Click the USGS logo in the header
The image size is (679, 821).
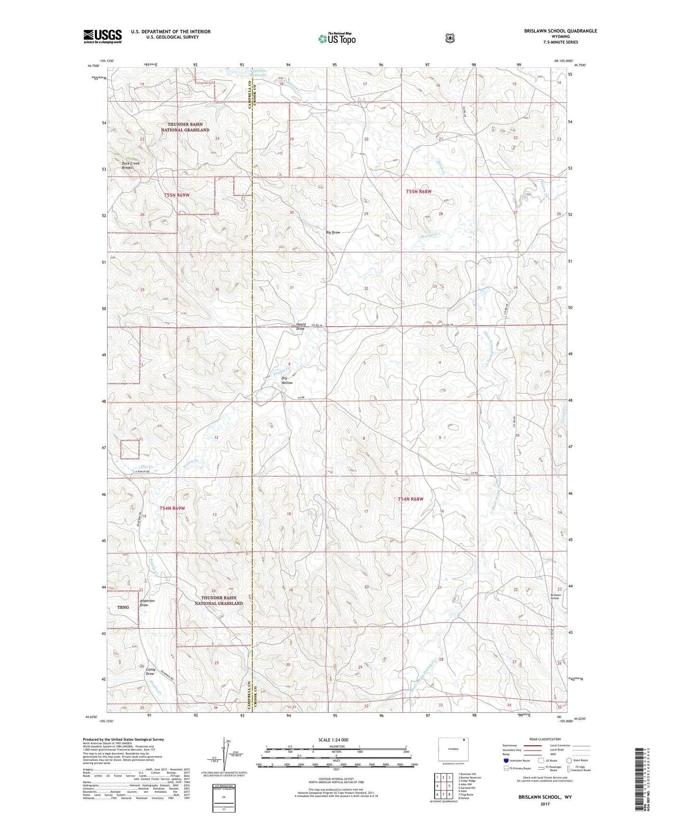click(x=102, y=36)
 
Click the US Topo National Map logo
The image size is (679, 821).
click(x=336, y=38)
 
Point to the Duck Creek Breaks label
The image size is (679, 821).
click(x=131, y=166)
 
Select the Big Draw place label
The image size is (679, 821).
click(x=333, y=232)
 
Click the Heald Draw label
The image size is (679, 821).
click(x=301, y=326)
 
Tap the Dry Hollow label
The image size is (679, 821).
click(x=287, y=380)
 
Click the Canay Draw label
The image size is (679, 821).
click(x=150, y=671)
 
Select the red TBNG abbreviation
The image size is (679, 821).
click(x=123, y=608)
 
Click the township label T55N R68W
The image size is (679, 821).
click(x=419, y=191)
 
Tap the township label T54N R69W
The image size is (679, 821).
click(x=172, y=508)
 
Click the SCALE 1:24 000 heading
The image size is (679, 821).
click(x=333, y=740)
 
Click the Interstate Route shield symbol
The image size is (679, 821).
click(x=506, y=760)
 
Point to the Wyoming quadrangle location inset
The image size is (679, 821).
click(x=453, y=749)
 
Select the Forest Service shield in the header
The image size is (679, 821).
click(x=450, y=38)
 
